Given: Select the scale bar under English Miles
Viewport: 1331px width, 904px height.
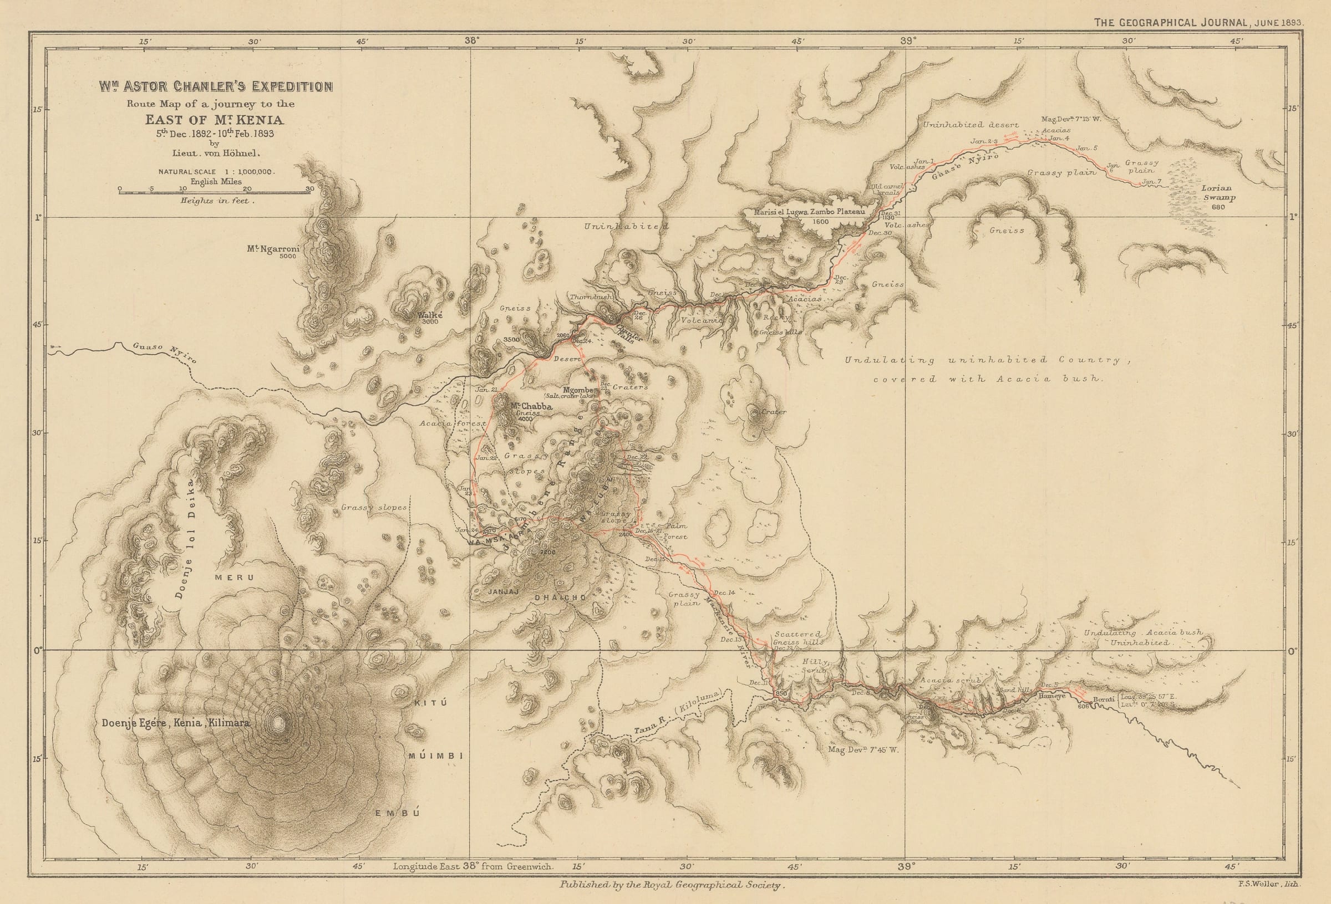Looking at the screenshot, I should click(x=214, y=193).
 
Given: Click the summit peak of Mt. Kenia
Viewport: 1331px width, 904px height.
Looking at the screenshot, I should click(x=278, y=724).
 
